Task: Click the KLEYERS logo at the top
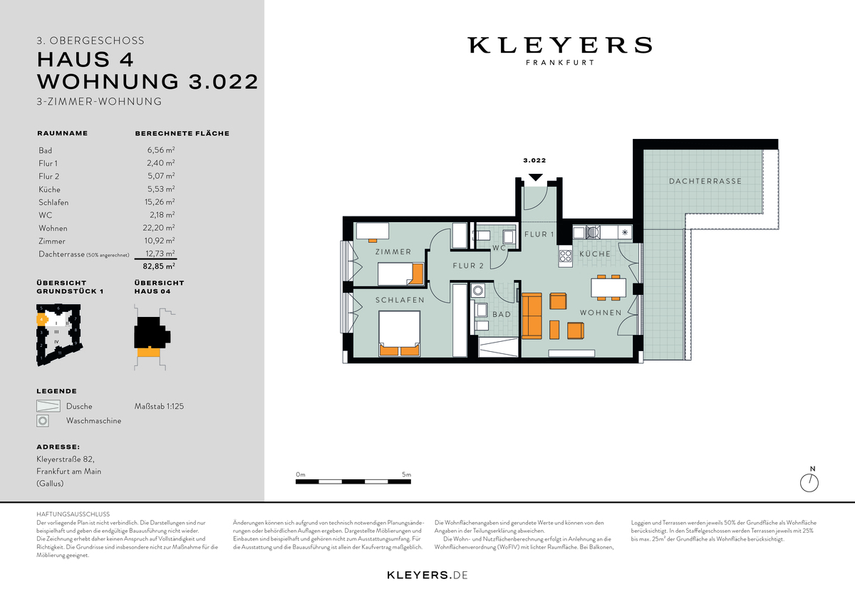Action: point(559,46)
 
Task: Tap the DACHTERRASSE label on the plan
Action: point(705,181)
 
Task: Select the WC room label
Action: point(499,248)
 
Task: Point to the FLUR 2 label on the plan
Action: point(468,266)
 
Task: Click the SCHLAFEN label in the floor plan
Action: point(400,300)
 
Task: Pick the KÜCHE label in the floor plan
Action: point(594,254)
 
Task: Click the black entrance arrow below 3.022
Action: point(536,177)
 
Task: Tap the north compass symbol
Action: point(809,482)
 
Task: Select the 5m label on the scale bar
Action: point(406,474)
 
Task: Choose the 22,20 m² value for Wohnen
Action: point(160,228)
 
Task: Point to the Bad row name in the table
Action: point(46,151)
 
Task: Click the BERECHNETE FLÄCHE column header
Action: point(182,133)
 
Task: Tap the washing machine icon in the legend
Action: point(43,421)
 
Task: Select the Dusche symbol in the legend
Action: point(46,407)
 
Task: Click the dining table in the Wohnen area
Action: point(608,287)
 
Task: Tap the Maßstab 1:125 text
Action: point(160,407)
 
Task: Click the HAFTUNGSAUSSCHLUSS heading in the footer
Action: point(73,513)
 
